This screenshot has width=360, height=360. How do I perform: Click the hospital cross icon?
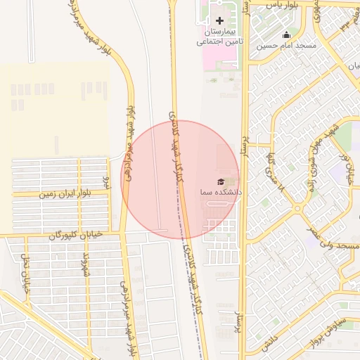point(219,20)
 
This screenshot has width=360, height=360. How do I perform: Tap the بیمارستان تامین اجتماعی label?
point(218,37)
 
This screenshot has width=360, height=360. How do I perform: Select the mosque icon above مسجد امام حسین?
point(286,34)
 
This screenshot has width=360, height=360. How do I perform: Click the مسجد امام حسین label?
point(286,45)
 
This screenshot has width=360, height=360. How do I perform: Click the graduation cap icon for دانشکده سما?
point(221,181)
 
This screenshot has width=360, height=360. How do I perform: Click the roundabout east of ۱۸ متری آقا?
point(298,208)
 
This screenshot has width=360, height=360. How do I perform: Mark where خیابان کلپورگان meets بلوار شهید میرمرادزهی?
point(120,233)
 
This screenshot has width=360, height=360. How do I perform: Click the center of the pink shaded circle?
point(181,180)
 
